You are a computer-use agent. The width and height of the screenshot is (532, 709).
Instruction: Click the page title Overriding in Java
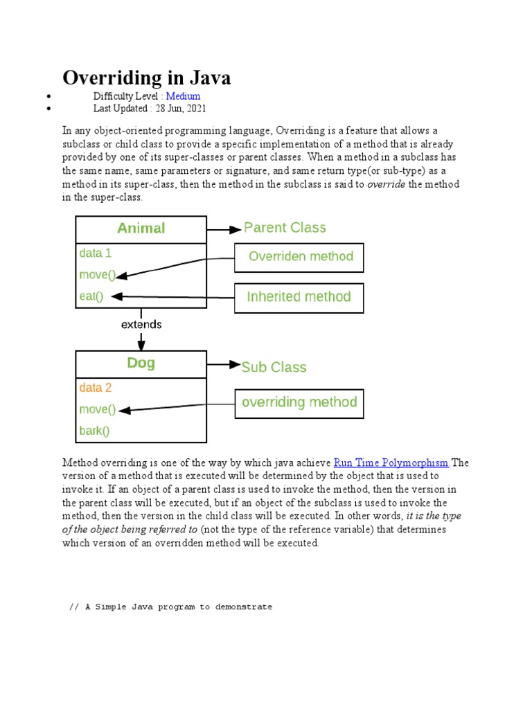point(147,78)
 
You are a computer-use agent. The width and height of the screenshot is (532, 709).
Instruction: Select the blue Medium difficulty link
point(183,96)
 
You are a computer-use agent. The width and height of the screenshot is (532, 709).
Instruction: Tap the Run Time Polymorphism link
point(391,463)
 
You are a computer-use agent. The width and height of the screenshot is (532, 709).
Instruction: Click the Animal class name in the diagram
point(141,228)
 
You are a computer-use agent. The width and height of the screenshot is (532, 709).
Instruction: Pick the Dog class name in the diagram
point(141,363)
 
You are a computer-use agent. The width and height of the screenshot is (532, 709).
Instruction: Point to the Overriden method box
point(299,257)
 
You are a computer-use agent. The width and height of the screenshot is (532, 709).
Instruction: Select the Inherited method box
point(299,297)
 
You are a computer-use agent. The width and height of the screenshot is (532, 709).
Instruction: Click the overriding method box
point(299,402)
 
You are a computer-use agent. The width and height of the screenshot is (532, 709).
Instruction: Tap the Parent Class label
point(285,228)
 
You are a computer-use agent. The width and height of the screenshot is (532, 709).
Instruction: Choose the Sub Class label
point(274,367)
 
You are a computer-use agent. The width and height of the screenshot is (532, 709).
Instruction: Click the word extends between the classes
point(141,324)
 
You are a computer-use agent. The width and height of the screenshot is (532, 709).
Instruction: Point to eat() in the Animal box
point(91,296)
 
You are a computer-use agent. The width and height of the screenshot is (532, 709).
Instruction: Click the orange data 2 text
point(96,388)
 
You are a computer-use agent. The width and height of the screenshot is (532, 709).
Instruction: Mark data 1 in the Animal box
point(96,253)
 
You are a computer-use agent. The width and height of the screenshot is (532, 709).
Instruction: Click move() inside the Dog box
point(98,409)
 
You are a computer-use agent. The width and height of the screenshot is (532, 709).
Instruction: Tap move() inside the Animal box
point(98,275)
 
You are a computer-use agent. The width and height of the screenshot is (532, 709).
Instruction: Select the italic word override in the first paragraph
point(386,185)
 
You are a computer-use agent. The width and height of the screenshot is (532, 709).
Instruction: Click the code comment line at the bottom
point(171,607)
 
